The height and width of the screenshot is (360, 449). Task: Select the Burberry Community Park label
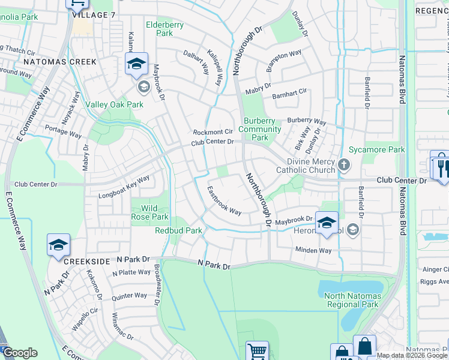(x=260, y=129)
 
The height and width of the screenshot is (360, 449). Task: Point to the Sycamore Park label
(x=378, y=149)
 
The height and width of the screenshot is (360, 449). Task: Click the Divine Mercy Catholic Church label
(x=306, y=166)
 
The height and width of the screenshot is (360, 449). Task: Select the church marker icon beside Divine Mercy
(x=344, y=164)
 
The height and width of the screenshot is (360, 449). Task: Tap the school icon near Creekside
(x=58, y=245)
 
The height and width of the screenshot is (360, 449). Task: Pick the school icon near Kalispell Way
(x=137, y=64)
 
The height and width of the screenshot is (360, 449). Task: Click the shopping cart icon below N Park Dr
(x=257, y=350)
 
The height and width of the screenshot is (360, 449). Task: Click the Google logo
(x=20, y=353)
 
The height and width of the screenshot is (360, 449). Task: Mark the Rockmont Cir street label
(x=212, y=132)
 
